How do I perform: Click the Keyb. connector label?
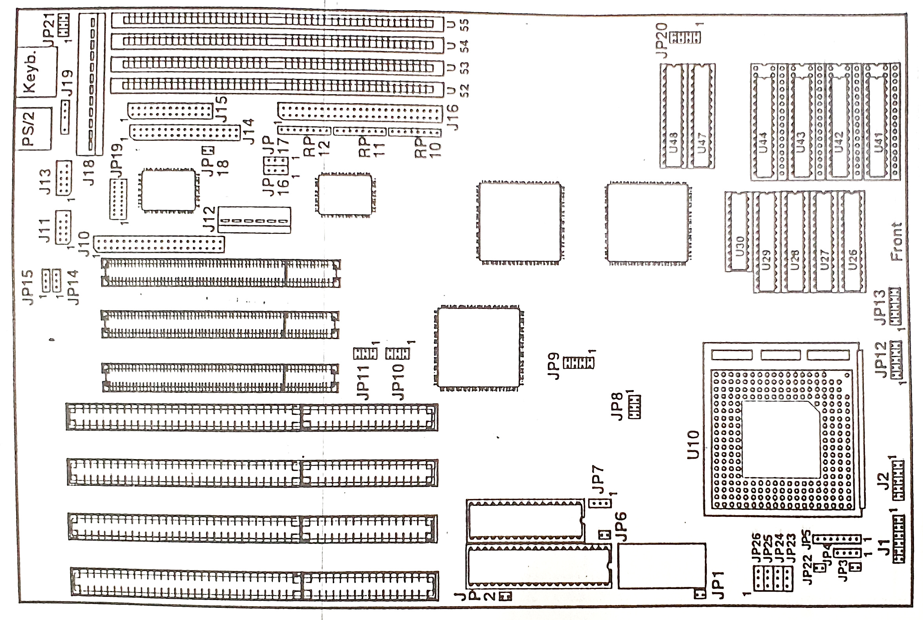(31, 72)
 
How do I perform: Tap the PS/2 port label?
(29, 129)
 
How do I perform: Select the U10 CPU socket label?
(693, 445)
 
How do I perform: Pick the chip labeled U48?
(673, 142)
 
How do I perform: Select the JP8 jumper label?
(617, 406)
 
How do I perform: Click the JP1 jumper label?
(717, 585)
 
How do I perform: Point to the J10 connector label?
(84, 244)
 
